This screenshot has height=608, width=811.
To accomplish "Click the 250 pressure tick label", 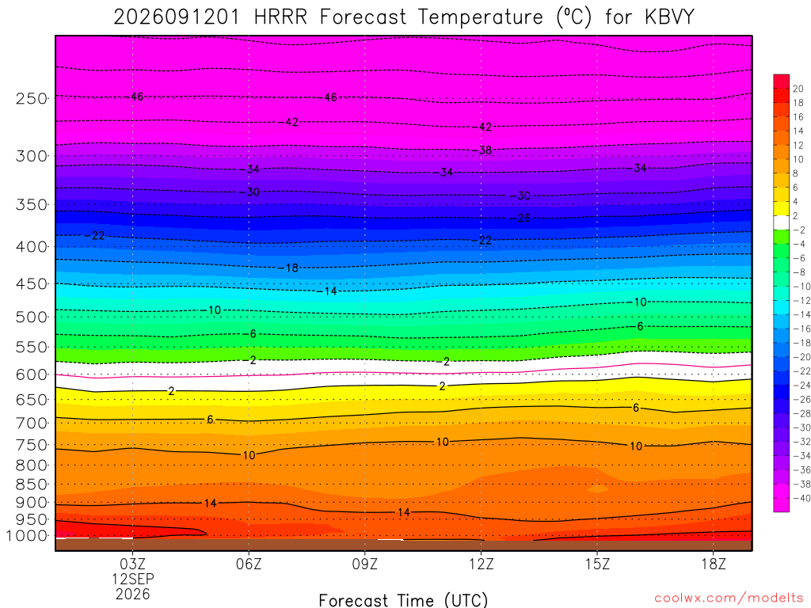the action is [32, 98].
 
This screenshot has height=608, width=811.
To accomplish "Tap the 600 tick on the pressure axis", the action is [32, 374].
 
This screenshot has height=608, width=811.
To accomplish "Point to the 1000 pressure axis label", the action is [28, 536].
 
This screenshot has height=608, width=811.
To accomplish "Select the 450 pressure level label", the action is [32, 284].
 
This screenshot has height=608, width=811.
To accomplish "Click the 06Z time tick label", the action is [249, 564].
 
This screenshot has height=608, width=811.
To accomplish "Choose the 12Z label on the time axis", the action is [481, 564].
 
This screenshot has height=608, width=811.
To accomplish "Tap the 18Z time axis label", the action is [714, 564].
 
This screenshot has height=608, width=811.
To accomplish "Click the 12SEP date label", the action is [133, 579].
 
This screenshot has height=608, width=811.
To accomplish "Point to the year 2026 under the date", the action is [133, 595].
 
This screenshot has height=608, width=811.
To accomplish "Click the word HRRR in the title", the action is [280, 17].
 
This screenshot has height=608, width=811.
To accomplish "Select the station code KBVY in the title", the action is [669, 17].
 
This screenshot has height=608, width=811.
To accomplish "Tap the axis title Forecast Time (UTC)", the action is [403, 600].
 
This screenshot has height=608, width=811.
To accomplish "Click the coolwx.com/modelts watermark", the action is [729, 598].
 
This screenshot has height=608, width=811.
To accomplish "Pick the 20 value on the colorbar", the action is [798, 89].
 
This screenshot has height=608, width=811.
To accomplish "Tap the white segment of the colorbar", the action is [782, 222].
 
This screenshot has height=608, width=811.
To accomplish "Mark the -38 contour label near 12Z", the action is [485, 150].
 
